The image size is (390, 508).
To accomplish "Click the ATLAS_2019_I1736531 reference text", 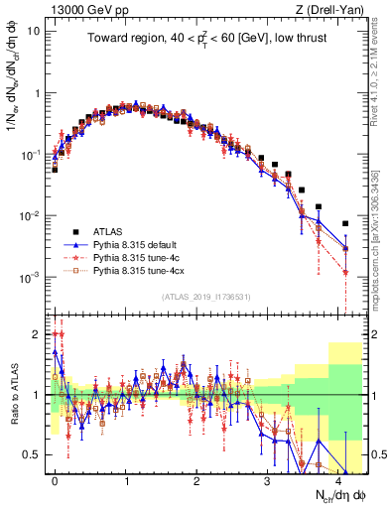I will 204,298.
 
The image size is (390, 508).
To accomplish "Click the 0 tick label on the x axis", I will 56,479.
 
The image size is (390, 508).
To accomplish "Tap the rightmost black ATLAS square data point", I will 345,223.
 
